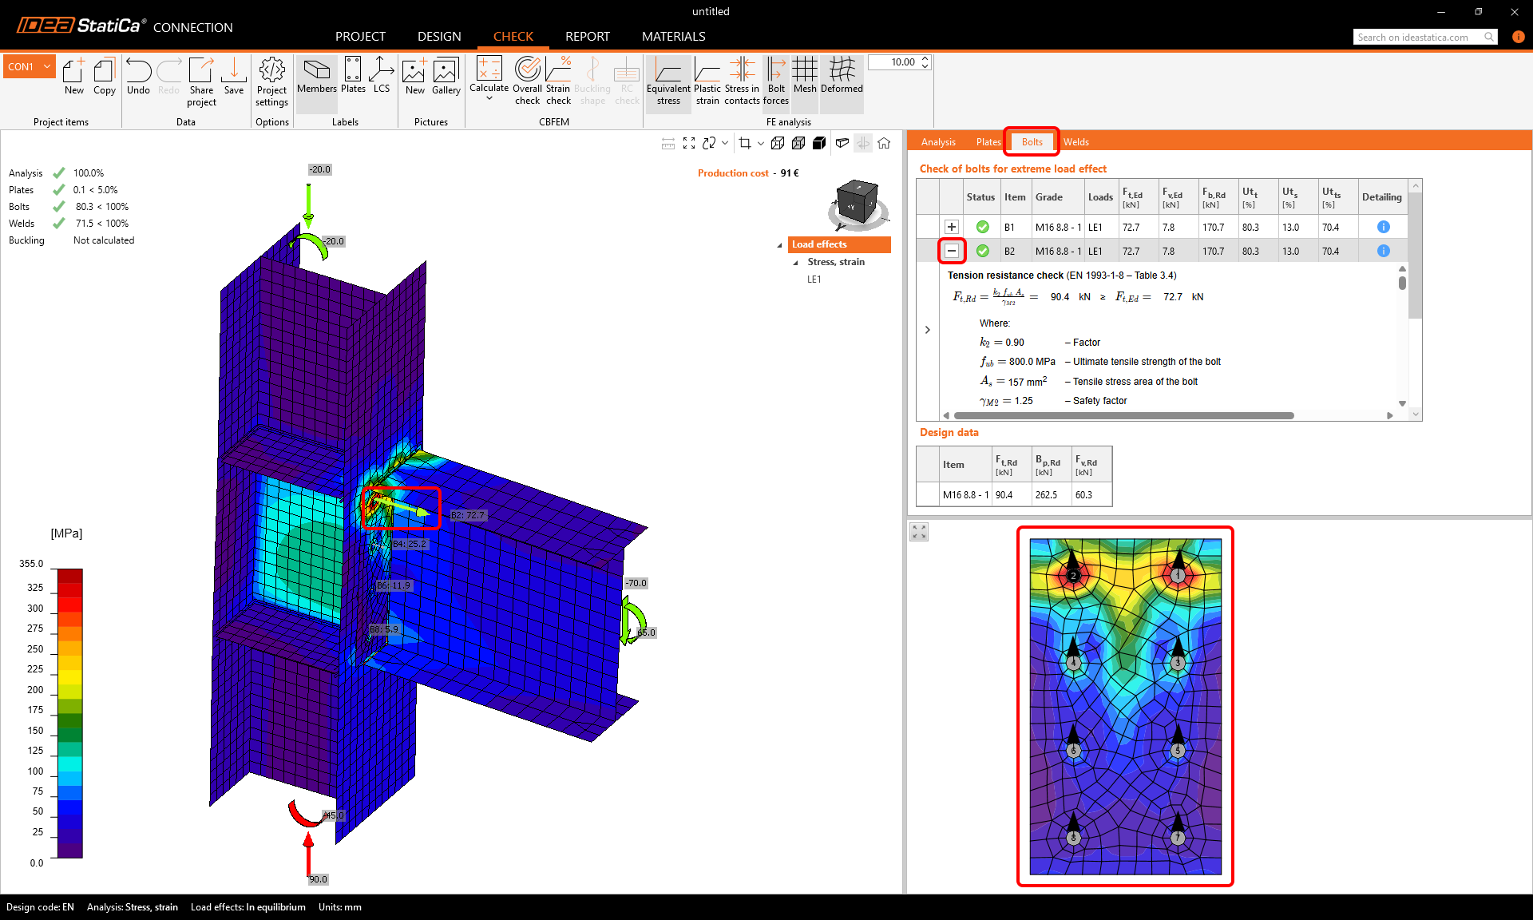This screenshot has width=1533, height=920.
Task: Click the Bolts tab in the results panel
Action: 1032,142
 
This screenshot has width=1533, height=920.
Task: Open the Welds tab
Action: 1075,142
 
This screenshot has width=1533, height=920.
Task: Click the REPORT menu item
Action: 587,37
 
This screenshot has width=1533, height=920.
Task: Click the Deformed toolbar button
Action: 842,76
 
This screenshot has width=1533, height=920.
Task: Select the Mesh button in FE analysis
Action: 805,76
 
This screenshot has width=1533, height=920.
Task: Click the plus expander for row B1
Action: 952,227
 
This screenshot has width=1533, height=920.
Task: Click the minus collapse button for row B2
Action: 952,251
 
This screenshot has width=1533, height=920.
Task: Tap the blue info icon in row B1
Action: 1384,227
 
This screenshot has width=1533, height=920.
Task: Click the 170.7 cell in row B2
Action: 1213,252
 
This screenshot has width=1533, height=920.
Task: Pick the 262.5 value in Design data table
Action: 1046,495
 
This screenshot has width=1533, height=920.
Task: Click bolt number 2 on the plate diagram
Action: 1073,575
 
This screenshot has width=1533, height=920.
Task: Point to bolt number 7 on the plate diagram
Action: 1178,838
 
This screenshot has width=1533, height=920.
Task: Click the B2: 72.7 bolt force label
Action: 468,515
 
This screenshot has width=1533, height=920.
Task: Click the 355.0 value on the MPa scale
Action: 32,564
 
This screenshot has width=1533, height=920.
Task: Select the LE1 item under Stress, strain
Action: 814,280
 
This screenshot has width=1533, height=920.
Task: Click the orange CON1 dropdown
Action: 29,67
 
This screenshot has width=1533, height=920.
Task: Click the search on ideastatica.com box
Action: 1417,38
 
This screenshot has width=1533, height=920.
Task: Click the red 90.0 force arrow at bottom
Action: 309,855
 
